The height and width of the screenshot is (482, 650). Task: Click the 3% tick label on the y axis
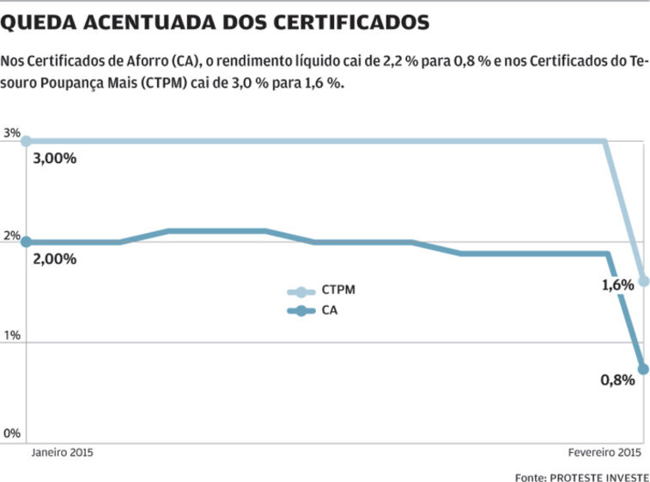[11, 133]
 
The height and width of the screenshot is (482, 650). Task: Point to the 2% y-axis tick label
[11, 235]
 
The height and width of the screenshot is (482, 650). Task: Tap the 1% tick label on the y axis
[11, 335]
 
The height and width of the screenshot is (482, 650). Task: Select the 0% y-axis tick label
[11, 434]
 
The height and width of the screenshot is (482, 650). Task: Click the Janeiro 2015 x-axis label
[63, 452]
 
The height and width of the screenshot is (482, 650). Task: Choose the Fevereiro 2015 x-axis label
[605, 452]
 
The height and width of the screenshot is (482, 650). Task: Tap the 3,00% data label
[55, 158]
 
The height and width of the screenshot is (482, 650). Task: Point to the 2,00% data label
[55, 259]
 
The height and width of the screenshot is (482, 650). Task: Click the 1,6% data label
[617, 284]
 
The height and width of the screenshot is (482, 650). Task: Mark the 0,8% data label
[617, 380]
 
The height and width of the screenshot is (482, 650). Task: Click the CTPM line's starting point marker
[27, 141]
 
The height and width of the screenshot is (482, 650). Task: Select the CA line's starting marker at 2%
[27, 241]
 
